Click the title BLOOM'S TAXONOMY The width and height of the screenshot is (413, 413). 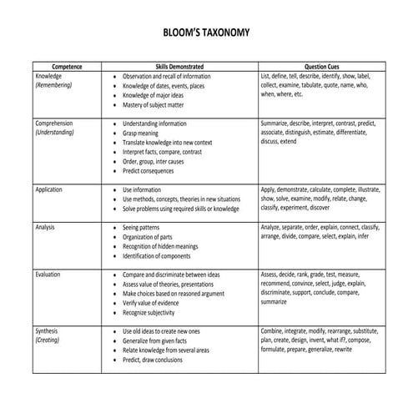click(205, 33)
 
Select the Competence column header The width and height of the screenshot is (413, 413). click(67, 66)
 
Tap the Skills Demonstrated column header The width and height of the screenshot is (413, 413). click(179, 66)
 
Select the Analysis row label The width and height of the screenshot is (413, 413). click(46, 227)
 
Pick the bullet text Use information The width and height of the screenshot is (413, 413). click(143, 189)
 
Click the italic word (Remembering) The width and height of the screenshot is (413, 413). click(54, 85)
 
